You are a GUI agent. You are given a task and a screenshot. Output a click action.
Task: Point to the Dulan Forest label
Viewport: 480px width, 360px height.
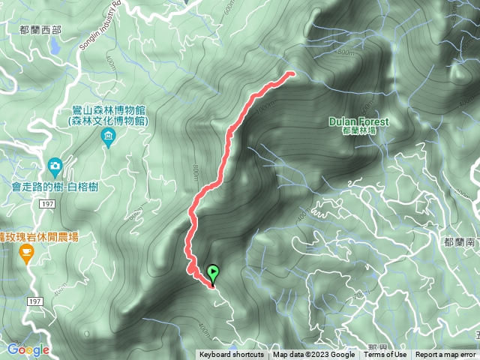tap(358, 121)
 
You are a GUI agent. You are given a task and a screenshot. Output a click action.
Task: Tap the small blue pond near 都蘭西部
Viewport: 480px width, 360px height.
tap(54, 46)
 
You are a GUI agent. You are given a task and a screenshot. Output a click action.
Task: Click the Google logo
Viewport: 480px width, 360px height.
tap(28, 349)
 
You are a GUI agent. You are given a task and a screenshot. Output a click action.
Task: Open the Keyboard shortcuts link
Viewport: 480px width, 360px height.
tap(231, 355)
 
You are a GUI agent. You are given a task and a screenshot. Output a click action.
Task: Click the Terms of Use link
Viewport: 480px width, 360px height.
tap(387, 355)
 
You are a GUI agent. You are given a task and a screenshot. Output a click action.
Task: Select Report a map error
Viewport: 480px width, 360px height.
tap(445, 355)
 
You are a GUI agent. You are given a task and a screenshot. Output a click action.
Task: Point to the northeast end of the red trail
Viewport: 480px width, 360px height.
tap(291, 73)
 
